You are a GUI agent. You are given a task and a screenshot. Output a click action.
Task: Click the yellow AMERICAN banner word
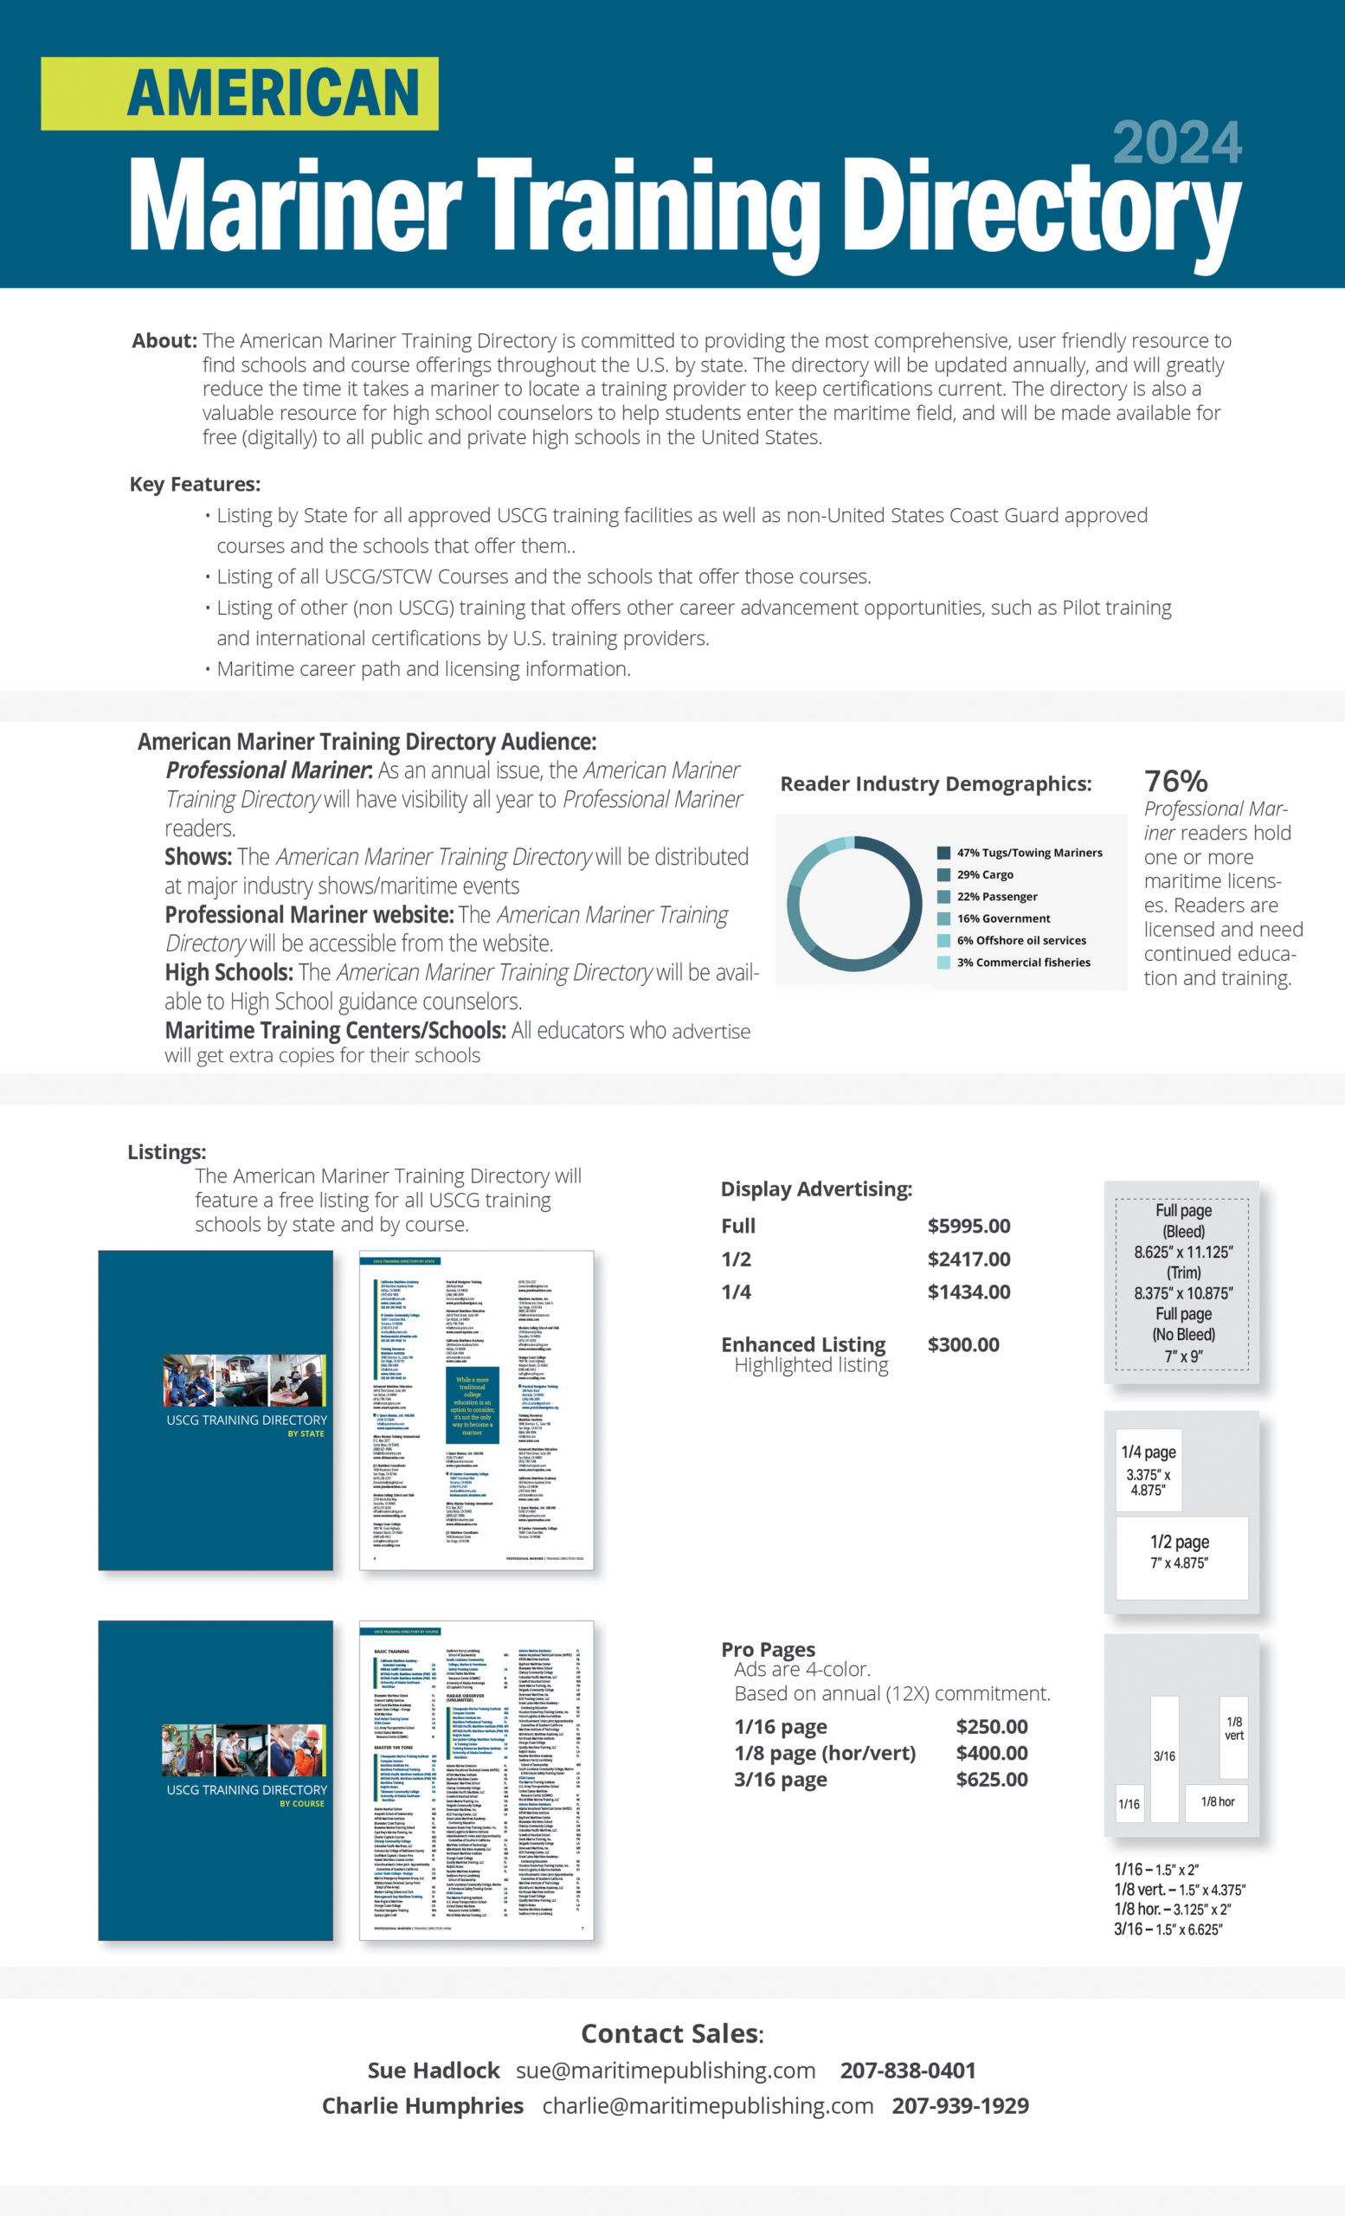click(273, 93)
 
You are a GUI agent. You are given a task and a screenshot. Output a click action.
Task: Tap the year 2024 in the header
click(1176, 144)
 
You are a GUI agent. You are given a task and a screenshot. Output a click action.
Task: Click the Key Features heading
click(195, 484)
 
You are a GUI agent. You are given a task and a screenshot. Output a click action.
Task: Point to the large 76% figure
click(1175, 781)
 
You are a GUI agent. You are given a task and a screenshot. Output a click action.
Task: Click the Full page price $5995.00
click(969, 1226)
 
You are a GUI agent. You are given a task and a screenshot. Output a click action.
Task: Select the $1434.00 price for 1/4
click(969, 1292)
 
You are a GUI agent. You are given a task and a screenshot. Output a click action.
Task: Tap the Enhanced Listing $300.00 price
click(963, 1344)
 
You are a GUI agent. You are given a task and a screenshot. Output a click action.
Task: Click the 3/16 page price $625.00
click(991, 1779)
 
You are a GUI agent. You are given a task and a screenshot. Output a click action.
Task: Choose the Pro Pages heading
click(768, 1649)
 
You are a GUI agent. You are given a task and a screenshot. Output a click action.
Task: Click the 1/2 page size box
click(1181, 1556)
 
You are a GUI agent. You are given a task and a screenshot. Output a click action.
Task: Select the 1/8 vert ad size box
click(1233, 1736)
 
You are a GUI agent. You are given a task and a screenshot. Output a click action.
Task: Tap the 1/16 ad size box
click(1129, 1804)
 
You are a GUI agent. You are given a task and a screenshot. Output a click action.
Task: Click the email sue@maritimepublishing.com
click(666, 2071)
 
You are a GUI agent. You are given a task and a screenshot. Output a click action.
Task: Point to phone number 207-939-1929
click(960, 2105)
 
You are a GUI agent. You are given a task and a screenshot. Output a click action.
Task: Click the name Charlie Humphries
click(422, 2105)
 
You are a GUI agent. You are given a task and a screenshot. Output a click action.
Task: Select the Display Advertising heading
click(815, 1189)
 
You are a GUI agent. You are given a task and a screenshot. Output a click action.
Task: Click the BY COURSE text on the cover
click(301, 1803)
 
